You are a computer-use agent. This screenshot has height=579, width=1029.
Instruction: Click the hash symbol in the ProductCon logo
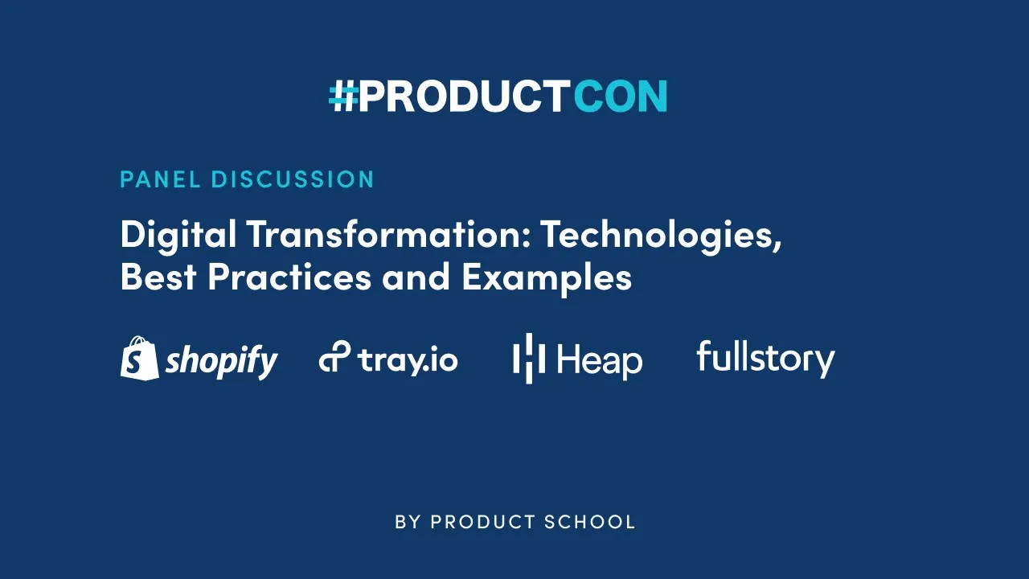coord(343,96)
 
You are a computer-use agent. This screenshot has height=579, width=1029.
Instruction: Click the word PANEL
coord(159,179)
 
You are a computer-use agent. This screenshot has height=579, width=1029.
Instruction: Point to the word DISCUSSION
coord(293,179)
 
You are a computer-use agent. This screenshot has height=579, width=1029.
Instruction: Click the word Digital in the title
coord(178,235)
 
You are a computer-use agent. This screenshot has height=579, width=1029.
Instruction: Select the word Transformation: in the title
coord(387,235)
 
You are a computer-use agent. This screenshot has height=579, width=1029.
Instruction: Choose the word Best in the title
coord(158,277)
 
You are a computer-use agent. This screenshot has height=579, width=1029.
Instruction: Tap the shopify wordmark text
coord(221,361)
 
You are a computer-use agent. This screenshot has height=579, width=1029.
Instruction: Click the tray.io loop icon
coord(334,358)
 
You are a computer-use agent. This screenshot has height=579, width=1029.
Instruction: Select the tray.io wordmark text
coord(408,359)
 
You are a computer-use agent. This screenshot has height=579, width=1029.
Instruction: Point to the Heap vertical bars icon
coord(529,358)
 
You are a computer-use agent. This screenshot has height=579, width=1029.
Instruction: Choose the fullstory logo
coord(765,358)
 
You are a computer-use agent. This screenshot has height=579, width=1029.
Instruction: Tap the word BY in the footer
coord(408,522)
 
